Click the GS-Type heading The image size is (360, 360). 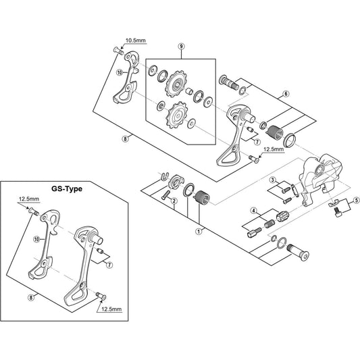click(x=67, y=188)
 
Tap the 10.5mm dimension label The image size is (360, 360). click(x=136, y=41)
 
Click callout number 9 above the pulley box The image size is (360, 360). click(x=181, y=47)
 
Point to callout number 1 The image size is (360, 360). click(x=199, y=232)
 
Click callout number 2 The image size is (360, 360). click(x=174, y=201)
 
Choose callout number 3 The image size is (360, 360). click(x=272, y=180)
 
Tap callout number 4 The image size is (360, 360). click(x=253, y=210)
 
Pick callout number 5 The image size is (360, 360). click(x=356, y=200)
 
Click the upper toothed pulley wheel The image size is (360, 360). click(x=176, y=84)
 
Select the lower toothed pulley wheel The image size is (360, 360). click(x=178, y=115)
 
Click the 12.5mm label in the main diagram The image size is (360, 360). click(x=274, y=149)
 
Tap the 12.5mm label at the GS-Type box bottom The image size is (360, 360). click(x=111, y=309)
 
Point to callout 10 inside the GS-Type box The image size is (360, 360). click(x=36, y=239)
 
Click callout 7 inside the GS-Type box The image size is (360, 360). click(x=109, y=265)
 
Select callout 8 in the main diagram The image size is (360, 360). click(x=126, y=139)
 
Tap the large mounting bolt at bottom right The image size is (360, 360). click(x=298, y=251)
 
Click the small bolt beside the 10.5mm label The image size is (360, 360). click(x=118, y=50)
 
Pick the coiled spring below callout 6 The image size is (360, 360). click(x=275, y=133)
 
